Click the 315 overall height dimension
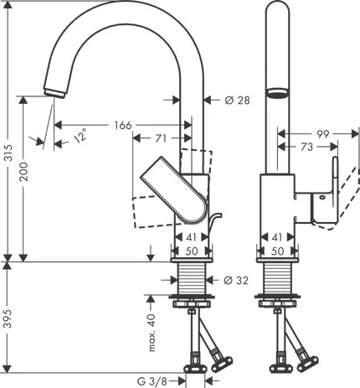pos(9,153)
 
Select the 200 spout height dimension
pos(24,172)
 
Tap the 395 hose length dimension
pos(8,318)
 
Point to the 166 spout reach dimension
pos(123,125)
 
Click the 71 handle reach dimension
pos(161,138)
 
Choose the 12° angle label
pos(80,136)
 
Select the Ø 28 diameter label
pos(237,101)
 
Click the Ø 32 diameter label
pos(236,280)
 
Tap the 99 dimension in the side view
pos(323,134)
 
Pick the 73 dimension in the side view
pos(306,147)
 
